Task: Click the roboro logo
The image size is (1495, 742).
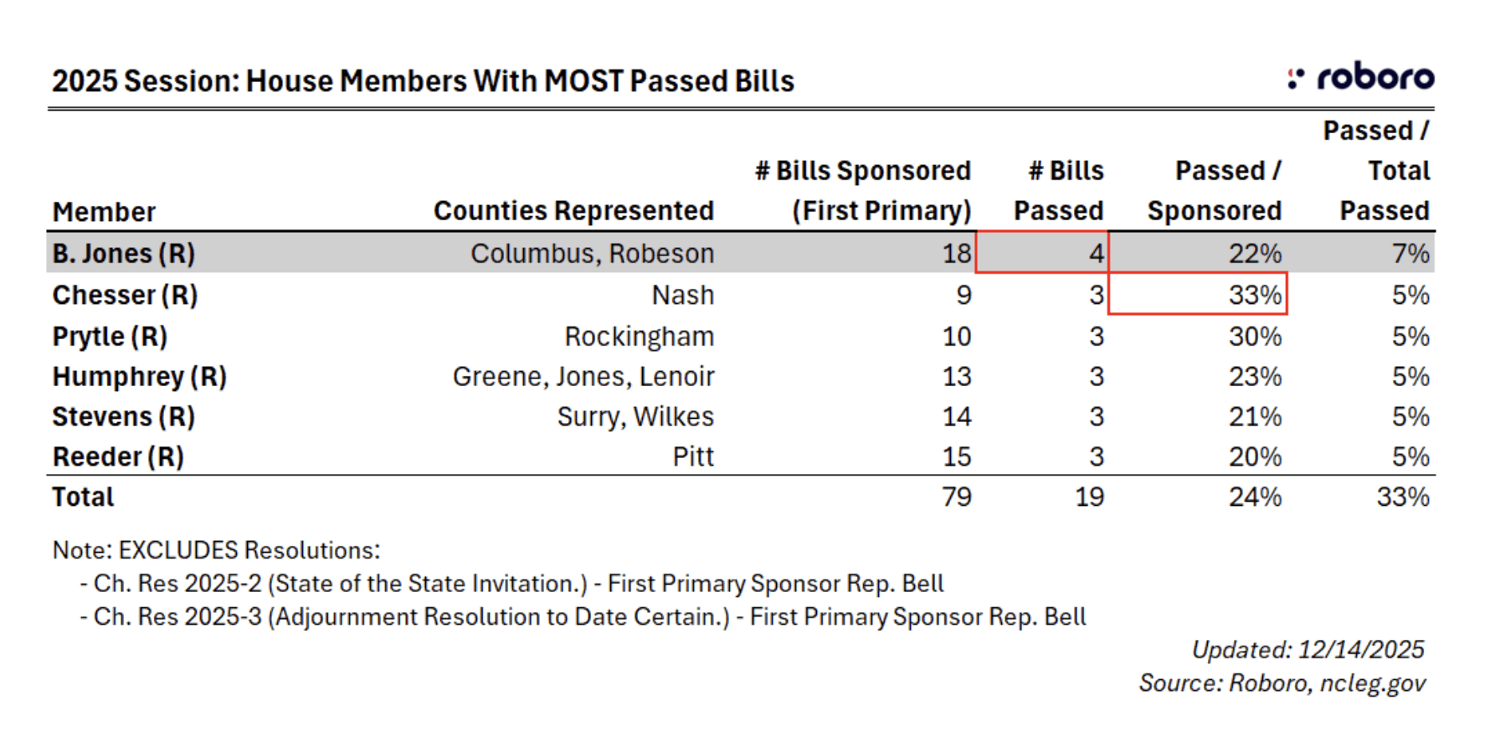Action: coord(1361,78)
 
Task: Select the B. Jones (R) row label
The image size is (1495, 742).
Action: coord(124,253)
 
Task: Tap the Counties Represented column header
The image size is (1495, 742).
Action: coord(573,211)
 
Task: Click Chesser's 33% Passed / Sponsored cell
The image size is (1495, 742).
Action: coord(1254,295)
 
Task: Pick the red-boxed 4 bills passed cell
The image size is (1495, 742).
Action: coord(1095,253)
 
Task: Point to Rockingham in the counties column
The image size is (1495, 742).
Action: coord(639,337)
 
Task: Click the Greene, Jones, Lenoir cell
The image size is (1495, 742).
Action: coord(583,377)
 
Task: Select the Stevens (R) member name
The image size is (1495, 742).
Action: coord(124,417)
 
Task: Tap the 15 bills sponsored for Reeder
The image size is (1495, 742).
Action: coord(956,457)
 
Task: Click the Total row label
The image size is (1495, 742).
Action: coord(83,497)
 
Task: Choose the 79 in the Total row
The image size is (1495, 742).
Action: coord(956,497)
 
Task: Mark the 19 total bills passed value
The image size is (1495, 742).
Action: coord(1089,497)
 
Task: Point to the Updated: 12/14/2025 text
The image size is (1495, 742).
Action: coord(1307,650)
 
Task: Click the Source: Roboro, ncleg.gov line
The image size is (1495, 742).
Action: coord(1282,683)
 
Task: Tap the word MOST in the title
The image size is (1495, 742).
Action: coord(583,81)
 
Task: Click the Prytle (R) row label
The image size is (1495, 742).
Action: coord(110,337)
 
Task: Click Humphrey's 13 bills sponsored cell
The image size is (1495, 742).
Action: coord(956,377)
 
